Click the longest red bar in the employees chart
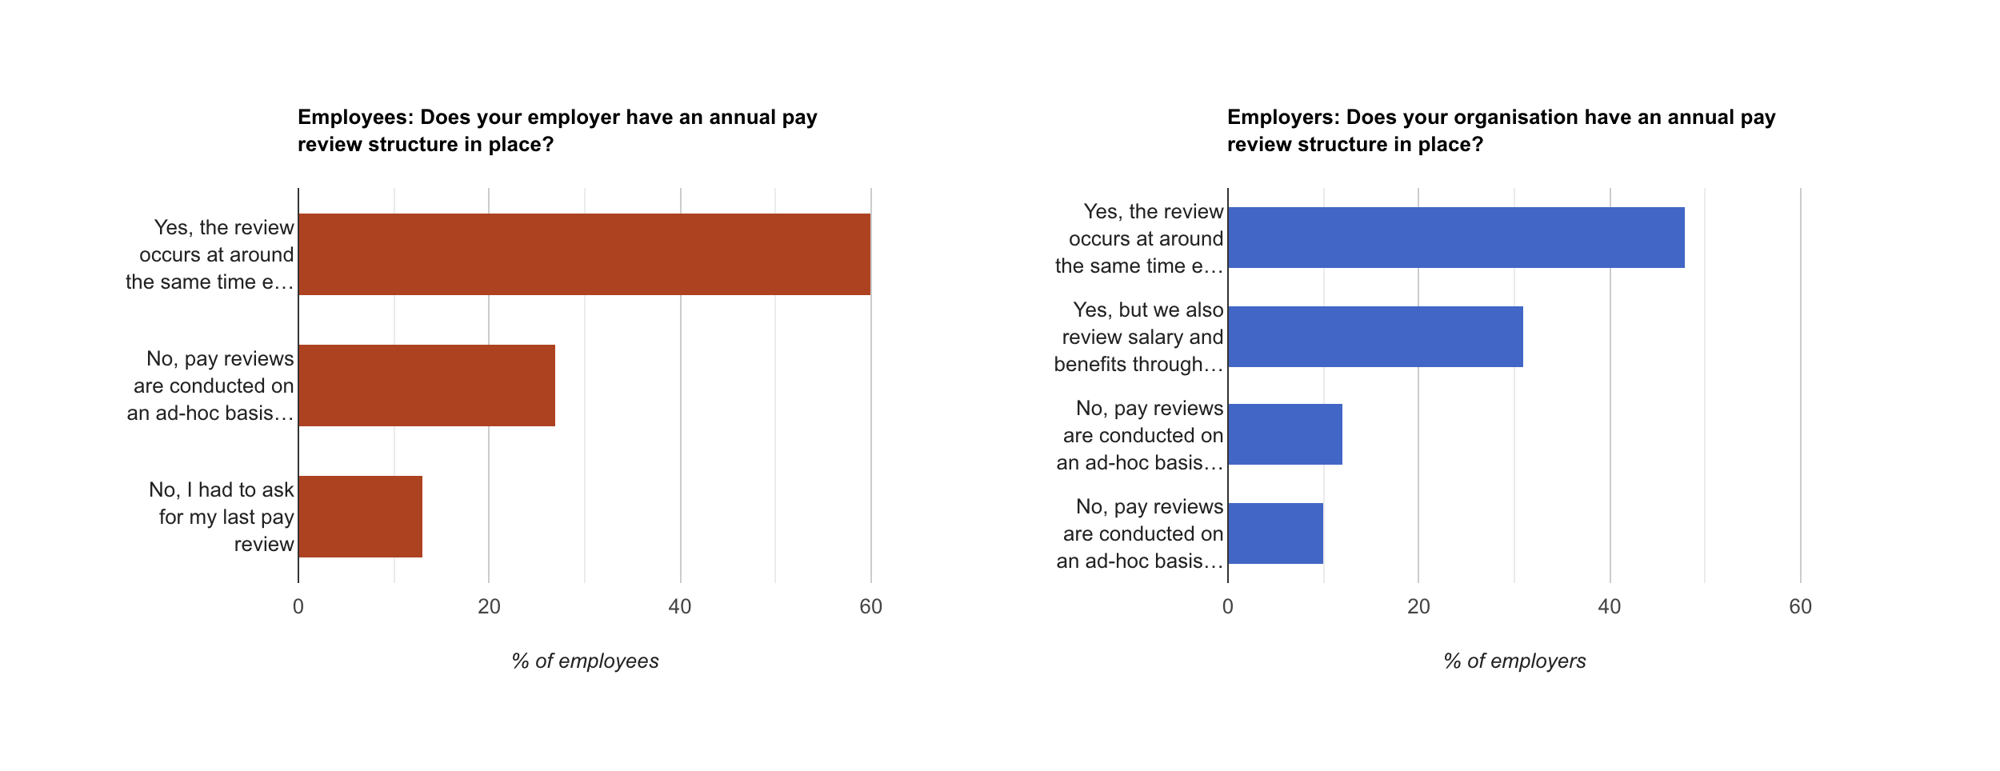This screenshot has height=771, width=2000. coord(584,254)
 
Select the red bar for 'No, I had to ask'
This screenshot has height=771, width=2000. coord(360,517)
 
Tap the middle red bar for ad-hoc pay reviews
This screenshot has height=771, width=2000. coord(426,385)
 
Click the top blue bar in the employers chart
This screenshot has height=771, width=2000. coord(1456,238)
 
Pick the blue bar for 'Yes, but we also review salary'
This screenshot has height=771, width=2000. coord(1375,337)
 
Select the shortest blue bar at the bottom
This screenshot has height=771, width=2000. coord(1275,533)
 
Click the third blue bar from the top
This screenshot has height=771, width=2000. coord(1285,434)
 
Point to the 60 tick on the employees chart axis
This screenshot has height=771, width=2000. coord(870,607)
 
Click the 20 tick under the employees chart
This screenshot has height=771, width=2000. coord(489,607)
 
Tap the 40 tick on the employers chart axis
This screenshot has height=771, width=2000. coord(1610,607)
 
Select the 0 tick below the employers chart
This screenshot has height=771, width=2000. coord(1228,607)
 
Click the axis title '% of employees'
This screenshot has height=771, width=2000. coord(585,661)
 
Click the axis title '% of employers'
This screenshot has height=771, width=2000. coord(1514,661)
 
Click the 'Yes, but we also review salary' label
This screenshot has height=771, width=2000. coord(1140,337)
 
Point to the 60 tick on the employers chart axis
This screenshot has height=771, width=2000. coord(1800,607)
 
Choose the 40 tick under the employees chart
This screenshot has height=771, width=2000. coord(680,607)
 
